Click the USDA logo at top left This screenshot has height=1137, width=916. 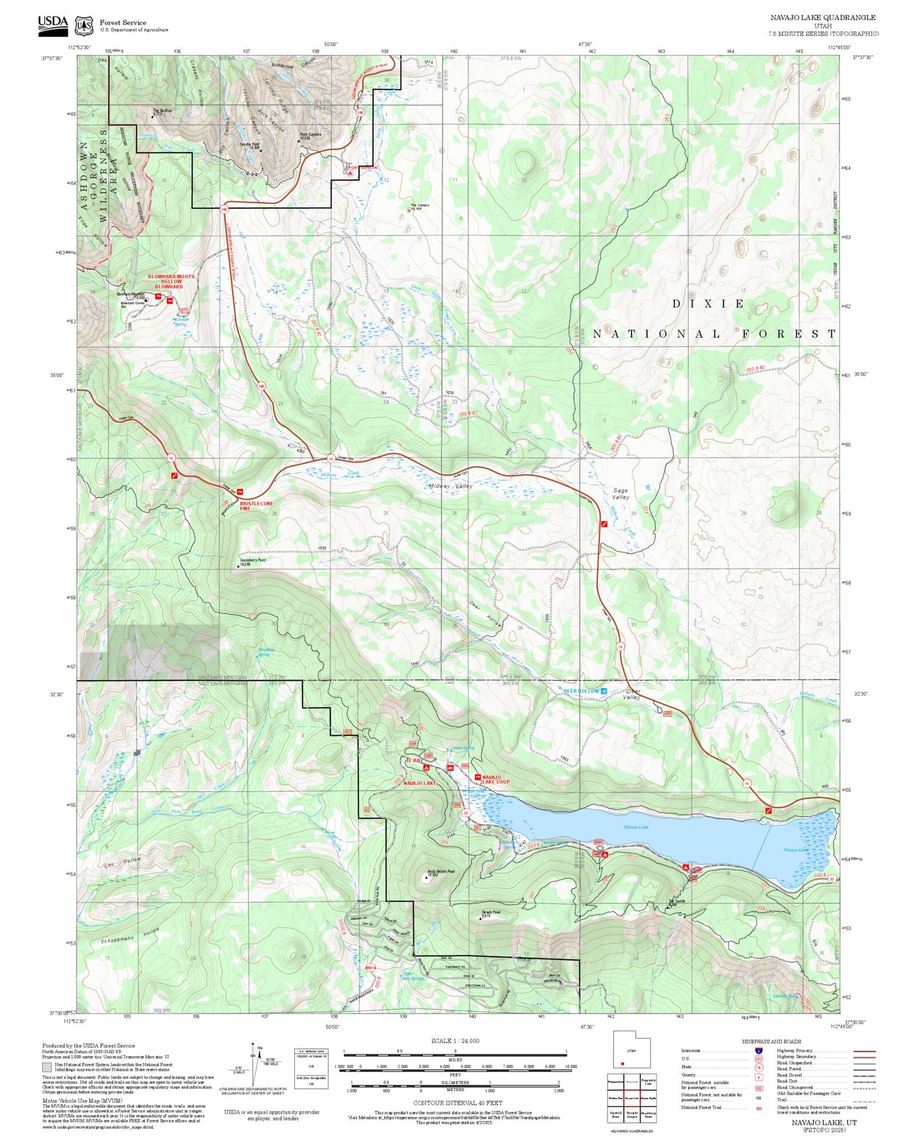[x=53, y=24]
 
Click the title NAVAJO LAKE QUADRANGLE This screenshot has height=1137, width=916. [x=823, y=18]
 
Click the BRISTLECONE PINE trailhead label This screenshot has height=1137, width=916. [x=256, y=506]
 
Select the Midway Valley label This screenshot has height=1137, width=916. [x=450, y=486]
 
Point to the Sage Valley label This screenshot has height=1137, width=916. [x=620, y=493]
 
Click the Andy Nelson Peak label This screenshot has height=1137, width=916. [x=441, y=872]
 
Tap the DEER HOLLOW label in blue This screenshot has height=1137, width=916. [x=581, y=691]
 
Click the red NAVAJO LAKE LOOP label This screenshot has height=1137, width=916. [x=495, y=779]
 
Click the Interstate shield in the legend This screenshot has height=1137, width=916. [x=758, y=1051]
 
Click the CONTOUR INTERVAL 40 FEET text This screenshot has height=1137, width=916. [x=457, y=1103]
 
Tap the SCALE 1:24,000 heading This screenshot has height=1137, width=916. [x=455, y=1041]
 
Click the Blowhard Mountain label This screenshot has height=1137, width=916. [x=131, y=294]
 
